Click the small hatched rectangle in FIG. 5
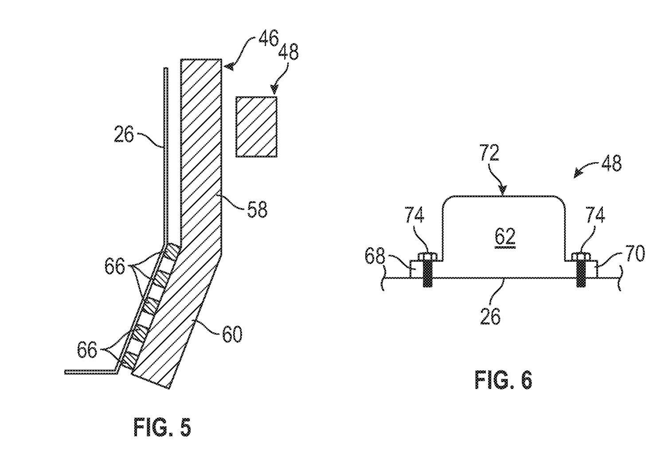pyautogui.click(x=257, y=127)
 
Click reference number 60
pyautogui.click(x=232, y=335)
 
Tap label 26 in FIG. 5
pyautogui.click(x=124, y=134)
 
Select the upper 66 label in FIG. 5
pyautogui.click(x=114, y=268)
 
